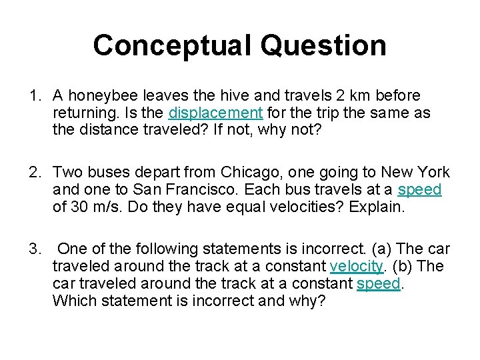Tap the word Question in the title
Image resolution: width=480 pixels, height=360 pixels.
coord(324,45)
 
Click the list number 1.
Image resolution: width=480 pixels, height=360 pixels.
coord(34,96)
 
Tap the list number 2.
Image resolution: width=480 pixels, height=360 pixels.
coord(34,173)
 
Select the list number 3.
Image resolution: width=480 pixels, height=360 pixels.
coord(34,249)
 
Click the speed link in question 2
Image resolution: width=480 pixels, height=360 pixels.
coord(419,189)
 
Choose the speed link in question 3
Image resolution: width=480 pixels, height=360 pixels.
coord(379,283)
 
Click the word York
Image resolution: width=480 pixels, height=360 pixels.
coord(433,173)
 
